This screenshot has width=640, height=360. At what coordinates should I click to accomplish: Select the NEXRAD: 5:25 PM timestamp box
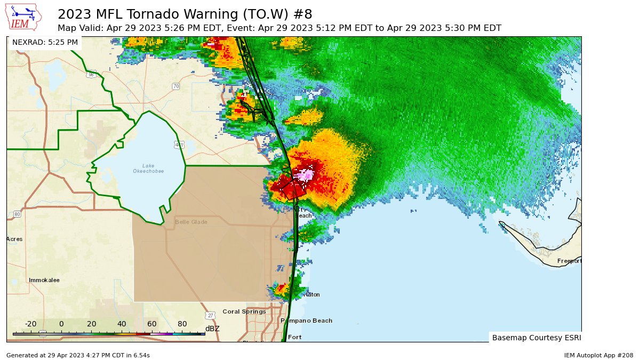point(45,42)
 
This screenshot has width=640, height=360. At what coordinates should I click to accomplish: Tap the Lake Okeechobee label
point(148,169)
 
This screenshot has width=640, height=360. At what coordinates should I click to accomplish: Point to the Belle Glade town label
point(191,222)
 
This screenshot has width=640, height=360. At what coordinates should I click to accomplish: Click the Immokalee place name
point(44,280)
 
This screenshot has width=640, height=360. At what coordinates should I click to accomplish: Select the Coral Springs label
point(244,311)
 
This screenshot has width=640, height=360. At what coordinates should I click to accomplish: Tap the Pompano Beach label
point(307,321)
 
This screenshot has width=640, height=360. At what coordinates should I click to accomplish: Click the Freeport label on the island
point(569,261)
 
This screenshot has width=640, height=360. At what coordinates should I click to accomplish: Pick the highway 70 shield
point(175,86)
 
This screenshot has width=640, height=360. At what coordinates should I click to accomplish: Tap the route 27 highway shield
point(211,315)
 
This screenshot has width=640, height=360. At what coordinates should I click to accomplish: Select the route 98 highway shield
point(91,75)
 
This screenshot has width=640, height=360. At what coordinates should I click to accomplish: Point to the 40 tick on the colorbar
point(122,324)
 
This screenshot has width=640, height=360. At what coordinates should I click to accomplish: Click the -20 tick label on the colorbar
point(30,324)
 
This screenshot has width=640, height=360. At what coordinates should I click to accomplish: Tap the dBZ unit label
point(212,329)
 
